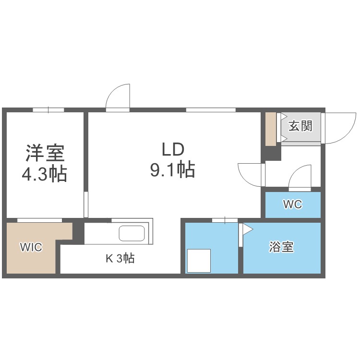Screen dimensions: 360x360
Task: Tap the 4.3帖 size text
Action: point(45,174)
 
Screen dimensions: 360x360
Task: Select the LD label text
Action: point(173,149)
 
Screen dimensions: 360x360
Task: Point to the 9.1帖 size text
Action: point(173,169)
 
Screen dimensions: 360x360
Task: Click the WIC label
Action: point(30,247)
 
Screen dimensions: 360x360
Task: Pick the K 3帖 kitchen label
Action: point(120,259)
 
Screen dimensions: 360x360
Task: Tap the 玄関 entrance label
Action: point(300,126)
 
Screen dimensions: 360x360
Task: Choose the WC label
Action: point(292,204)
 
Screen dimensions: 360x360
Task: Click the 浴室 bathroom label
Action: point(281,248)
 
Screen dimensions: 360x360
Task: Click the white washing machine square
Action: point(199,261)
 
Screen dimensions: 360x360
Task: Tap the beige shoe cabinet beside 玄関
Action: point(271,129)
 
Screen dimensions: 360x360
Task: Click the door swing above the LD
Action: point(118,97)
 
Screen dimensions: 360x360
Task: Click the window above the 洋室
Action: point(48,110)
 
